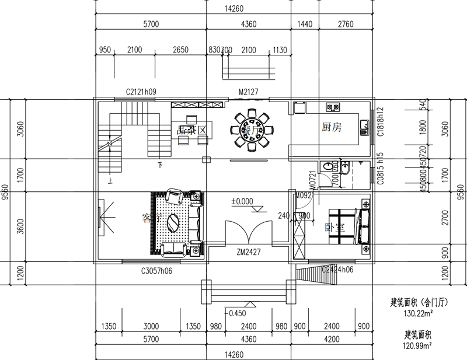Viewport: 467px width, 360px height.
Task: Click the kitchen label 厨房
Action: (331, 126)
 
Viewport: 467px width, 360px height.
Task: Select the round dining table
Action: (252, 128)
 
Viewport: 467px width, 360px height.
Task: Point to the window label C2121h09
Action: (141, 92)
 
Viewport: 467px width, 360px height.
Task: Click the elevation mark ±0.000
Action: (242, 201)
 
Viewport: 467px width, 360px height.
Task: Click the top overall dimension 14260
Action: (233, 8)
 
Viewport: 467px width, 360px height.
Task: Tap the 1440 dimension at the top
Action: (305, 25)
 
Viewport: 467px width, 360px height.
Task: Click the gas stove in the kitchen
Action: (333, 107)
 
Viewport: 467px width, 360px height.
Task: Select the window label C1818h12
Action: (380, 121)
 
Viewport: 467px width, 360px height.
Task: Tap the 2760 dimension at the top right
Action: (346, 25)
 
